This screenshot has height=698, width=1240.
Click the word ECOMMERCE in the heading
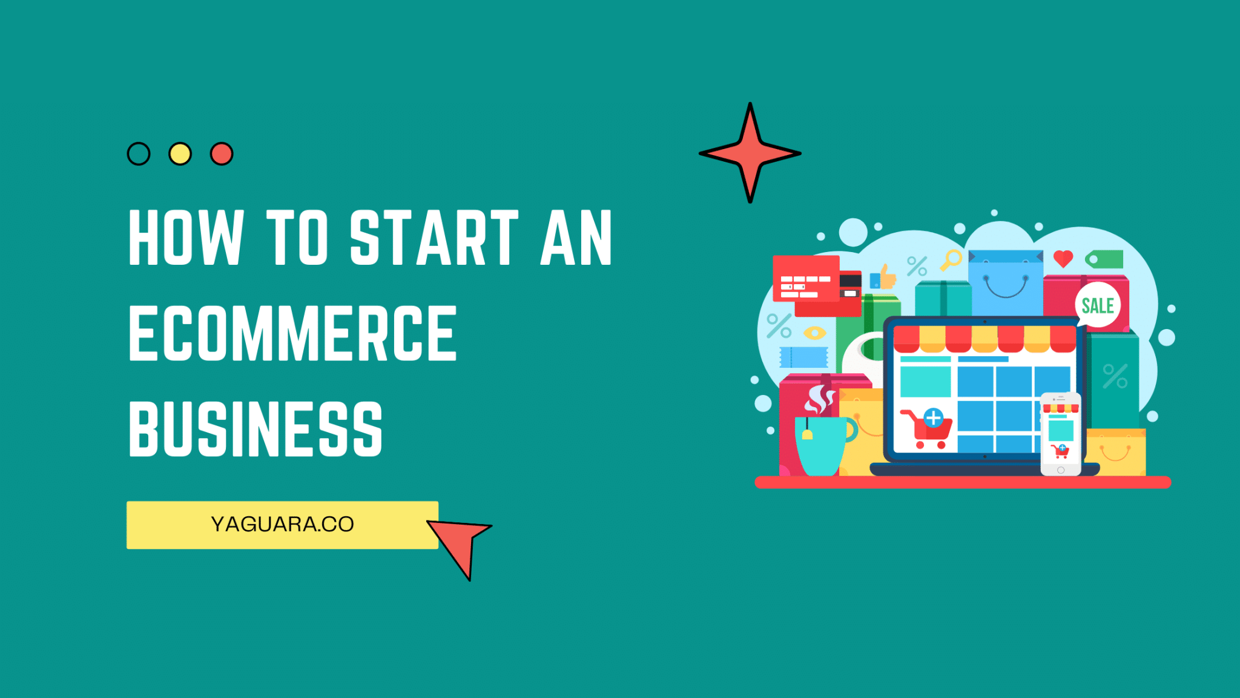pos(292,333)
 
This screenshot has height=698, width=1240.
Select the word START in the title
pos(434,238)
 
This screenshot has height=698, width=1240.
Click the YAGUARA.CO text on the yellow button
pos(282,524)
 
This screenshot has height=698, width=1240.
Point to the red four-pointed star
pos(750,153)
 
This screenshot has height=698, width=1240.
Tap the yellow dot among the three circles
pos(180,154)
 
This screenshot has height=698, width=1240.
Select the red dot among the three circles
pos(222,154)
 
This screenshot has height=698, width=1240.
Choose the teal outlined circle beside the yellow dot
pos(139,154)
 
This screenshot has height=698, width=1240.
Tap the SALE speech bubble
pos(1098,305)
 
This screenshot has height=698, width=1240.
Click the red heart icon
pos(1063,259)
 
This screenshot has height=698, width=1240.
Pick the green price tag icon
pos(1104,259)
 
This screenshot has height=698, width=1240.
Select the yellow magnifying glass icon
pos(951,260)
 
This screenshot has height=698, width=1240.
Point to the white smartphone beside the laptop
pos(1061,433)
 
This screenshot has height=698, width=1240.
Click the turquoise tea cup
pos(822,445)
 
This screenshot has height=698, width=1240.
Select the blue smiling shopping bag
pos(1005,282)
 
